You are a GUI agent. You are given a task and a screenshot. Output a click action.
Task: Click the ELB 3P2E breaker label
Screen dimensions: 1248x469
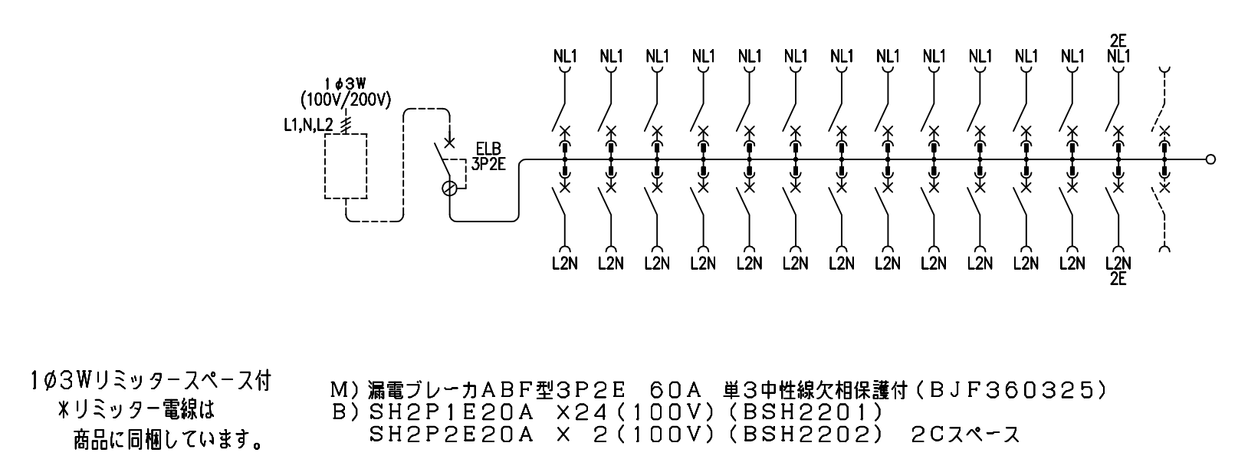pos(488,156)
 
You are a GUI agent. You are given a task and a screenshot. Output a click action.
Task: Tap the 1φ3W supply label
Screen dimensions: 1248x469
pos(346,84)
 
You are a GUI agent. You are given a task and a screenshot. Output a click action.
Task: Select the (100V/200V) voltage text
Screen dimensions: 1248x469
pos(346,100)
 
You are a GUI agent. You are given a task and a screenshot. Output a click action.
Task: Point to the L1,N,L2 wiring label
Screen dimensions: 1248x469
pos(309,126)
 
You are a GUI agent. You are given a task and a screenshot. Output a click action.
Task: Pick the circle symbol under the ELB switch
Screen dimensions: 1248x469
pos(450,189)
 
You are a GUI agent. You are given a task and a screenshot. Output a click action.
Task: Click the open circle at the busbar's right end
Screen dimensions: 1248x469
pos(1210,160)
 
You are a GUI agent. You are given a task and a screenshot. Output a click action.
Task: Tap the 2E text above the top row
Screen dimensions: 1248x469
pos(1118,41)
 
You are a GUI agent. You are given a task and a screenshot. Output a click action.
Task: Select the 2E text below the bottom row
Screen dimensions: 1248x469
pos(1118,278)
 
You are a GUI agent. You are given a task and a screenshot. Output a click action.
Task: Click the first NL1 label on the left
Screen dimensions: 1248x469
pos(565,56)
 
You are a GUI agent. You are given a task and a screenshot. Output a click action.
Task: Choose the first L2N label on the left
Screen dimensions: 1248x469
pos(565,264)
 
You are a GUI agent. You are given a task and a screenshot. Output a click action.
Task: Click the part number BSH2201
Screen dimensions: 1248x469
pos(806,412)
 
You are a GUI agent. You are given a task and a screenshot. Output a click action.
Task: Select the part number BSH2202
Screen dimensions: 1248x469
pos(806,435)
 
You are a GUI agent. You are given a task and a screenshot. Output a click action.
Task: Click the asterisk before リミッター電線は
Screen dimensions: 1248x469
pos(64,411)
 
